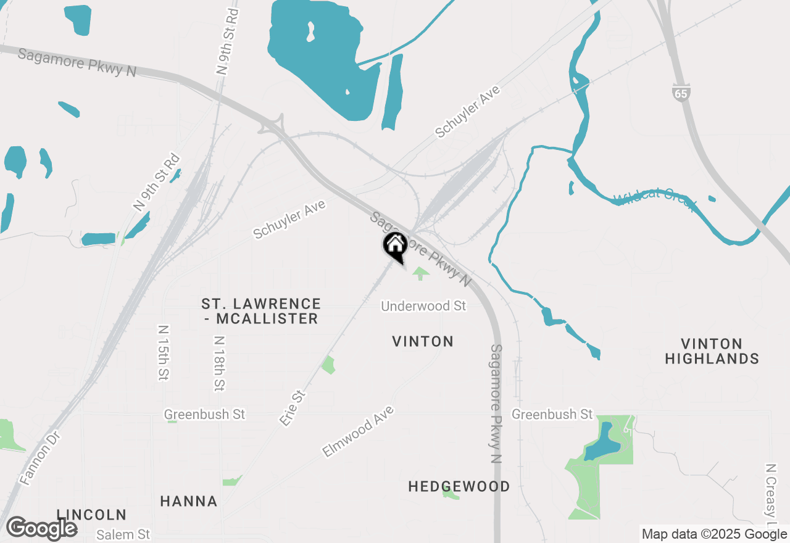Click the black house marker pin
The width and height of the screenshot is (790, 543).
point(395,246)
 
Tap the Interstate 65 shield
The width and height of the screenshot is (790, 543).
point(681,94)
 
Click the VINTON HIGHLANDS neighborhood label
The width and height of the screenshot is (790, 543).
point(712,351)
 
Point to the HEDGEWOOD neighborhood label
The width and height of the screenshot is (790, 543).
point(459,486)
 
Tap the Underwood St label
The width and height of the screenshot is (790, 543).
point(423,306)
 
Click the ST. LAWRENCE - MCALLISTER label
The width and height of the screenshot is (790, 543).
point(261,311)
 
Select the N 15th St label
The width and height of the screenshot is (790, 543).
point(163,353)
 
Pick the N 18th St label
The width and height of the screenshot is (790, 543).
point(219,363)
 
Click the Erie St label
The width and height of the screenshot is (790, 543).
point(293,408)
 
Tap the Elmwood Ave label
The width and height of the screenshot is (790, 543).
point(357,431)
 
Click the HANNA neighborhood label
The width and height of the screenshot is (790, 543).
point(189,501)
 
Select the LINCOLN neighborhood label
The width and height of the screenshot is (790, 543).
point(91,515)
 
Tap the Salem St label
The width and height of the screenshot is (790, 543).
point(123,534)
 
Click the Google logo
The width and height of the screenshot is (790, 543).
point(41,529)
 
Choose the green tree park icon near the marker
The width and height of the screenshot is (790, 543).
point(421,273)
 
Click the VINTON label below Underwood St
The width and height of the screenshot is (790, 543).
point(423,341)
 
